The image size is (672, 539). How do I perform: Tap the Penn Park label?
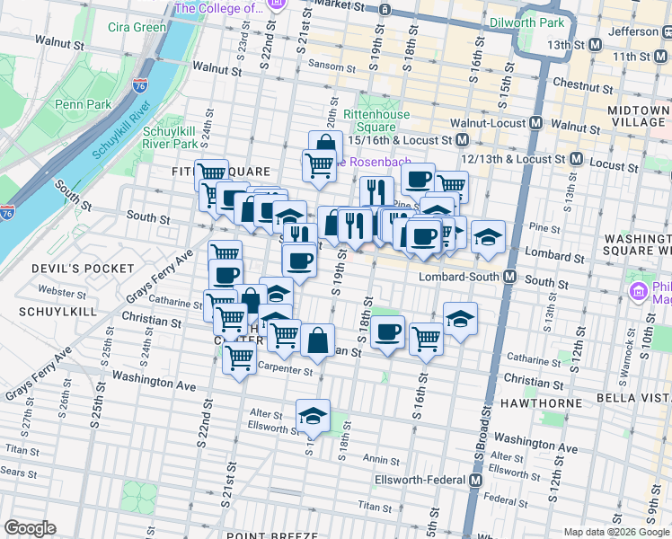(84, 104)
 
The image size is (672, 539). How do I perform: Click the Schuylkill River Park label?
(171, 137)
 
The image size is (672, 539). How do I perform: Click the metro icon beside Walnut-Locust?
(536, 122)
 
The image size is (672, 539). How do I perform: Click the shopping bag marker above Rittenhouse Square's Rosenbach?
(325, 145)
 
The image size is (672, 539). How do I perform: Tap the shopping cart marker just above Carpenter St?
(239, 357)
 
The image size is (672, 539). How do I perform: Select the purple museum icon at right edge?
(639, 291)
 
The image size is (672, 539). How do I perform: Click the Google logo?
(30, 528)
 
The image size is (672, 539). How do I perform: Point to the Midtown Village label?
(638, 116)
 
